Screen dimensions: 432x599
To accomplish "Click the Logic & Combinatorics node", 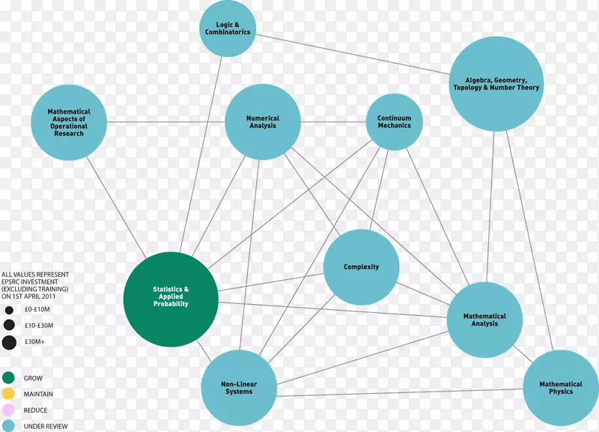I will tap(228, 29).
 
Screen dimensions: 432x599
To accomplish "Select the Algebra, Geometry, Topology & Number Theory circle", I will tap(496, 84).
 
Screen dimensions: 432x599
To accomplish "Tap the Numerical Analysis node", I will tap(263, 122).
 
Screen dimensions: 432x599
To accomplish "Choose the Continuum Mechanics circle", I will tap(394, 122).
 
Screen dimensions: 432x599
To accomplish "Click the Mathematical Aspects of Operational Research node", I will tap(69, 122).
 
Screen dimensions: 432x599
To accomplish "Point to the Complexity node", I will tap(361, 267).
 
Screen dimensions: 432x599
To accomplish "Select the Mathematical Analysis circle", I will tap(484, 320).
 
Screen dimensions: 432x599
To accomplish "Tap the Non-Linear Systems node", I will tap(239, 387).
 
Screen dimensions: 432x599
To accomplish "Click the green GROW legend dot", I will tap(9, 378).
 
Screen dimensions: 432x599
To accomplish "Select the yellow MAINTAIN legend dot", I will tap(9, 394).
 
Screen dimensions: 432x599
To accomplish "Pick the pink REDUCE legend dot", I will tap(9, 410).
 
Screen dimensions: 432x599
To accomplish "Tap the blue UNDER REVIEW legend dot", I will tap(9, 426).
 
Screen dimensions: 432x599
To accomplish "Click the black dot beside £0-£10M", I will tap(9, 309).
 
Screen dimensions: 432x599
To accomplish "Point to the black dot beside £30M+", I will tap(9, 343).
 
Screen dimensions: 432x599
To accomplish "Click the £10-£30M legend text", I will tap(38, 326).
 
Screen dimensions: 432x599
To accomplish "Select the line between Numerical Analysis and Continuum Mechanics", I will tap(333, 122).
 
